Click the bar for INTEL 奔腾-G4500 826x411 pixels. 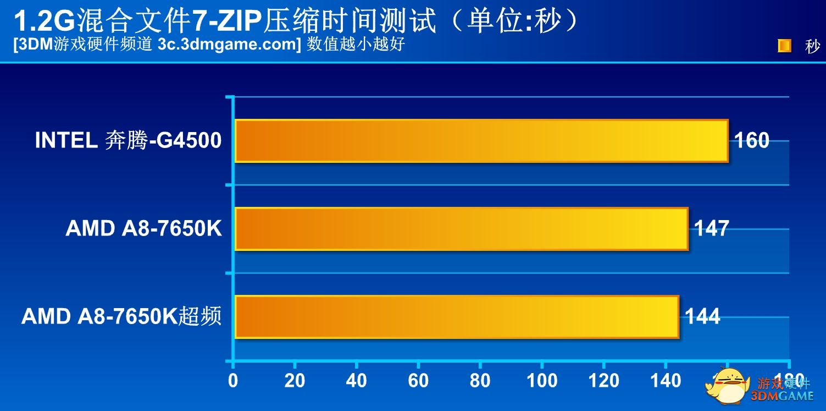[x=481, y=141]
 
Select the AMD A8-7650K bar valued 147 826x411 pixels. [x=461, y=229]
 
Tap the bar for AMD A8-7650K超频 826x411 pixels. [x=456, y=317]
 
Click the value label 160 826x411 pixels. [x=752, y=141]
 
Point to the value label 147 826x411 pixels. [x=712, y=228]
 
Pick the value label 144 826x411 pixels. [x=702, y=317]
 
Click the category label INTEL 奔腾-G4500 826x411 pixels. [x=128, y=141]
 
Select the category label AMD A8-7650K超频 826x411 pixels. [x=121, y=317]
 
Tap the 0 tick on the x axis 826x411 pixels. [x=234, y=381]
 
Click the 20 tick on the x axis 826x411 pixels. [x=295, y=381]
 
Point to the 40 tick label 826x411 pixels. [x=357, y=381]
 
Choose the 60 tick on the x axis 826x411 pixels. [x=418, y=381]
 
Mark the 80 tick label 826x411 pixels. [x=480, y=381]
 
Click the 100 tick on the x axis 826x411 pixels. [x=542, y=381]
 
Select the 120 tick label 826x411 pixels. [x=603, y=381]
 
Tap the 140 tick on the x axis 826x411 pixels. [x=665, y=381]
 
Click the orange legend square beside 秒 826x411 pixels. [x=784, y=46]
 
